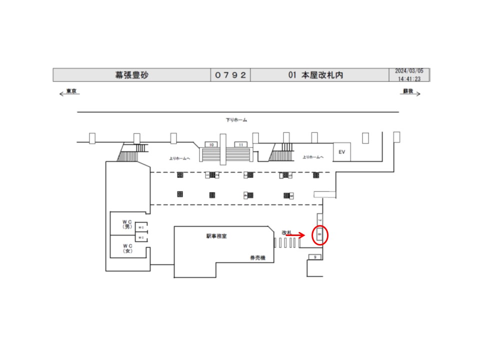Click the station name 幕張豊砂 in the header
click(x=132, y=75)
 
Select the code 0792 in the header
click(x=230, y=75)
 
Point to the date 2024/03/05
click(x=409, y=71)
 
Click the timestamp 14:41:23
click(x=409, y=79)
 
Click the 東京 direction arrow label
click(x=70, y=92)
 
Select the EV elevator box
click(x=342, y=152)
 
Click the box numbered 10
click(x=212, y=144)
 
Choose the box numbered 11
click(x=241, y=144)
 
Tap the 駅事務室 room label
click(x=216, y=236)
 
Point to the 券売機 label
click(x=257, y=258)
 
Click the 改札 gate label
click(x=286, y=232)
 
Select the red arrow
click(x=295, y=235)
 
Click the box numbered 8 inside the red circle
click(x=319, y=234)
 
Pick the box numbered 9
click(x=315, y=257)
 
